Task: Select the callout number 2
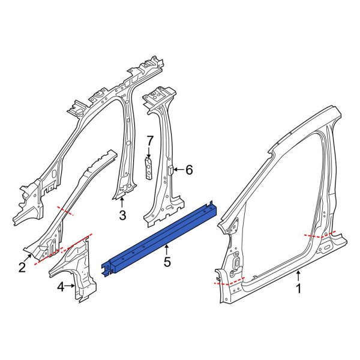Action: tap(22, 268)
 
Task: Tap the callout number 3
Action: tap(122, 215)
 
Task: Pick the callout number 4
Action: tap(61, 287)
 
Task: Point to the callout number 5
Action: tap(167, 262)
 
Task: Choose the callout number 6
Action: tap(189, 170)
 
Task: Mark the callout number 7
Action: tap(150, 140)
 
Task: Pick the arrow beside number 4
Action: tap(73, 287)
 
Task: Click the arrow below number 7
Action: tap(149, 152)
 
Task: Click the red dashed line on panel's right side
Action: tap(320, 235)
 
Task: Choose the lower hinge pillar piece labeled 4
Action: tap(78, 267)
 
